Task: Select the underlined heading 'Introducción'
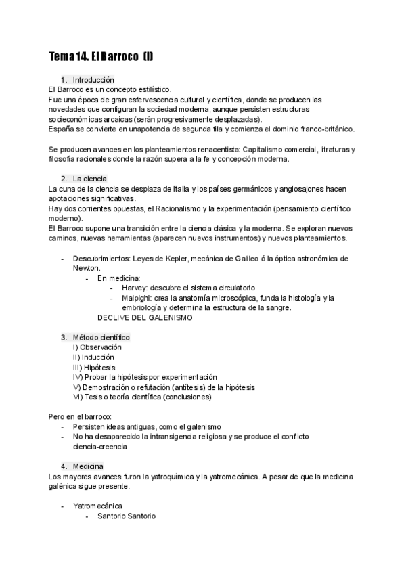(93, 79)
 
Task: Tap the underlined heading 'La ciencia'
(89, 178)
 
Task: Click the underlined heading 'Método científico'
(101, 337)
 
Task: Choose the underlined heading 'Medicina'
(88, 466)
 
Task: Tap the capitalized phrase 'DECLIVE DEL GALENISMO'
(145, 317)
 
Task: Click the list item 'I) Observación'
(98, 347)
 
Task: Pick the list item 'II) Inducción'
(93, 357)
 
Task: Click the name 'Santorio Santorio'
(127, 516)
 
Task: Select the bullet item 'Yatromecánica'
(97, 506)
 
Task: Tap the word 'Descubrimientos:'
(104, 259)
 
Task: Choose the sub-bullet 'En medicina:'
(119, 278)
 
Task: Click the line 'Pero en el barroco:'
(81, 417)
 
